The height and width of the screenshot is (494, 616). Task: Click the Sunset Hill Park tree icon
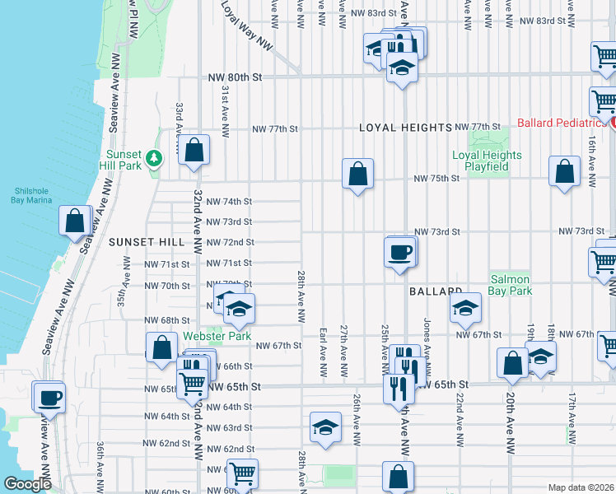point(153,157)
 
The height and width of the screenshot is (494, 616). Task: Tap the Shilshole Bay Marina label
point(31,193)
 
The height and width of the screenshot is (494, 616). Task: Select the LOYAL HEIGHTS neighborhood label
point(406,128)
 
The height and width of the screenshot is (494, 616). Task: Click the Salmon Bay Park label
point(511,285)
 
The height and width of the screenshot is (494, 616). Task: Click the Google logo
point(27,483)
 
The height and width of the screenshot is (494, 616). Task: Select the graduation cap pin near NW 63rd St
point(326,426)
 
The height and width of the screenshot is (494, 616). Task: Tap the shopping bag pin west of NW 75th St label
point(357,174)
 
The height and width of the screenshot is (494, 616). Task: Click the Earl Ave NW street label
point(323,355)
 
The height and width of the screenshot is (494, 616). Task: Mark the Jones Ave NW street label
point(427,341)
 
